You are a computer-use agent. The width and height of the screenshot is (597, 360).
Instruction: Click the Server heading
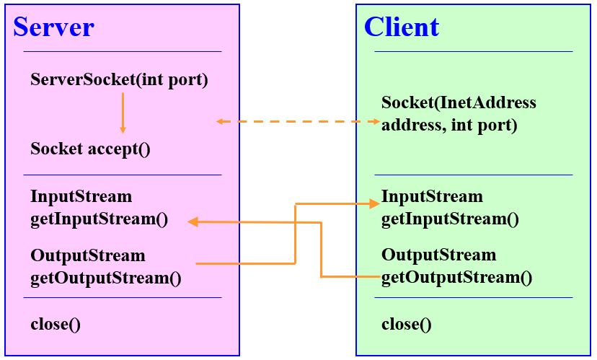[53, 27]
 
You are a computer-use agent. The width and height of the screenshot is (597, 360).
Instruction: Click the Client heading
[402, 27]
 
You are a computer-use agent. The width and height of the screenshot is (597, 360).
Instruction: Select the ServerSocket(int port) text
[119, 79]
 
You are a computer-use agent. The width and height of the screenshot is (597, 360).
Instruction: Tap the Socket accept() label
[90, 149]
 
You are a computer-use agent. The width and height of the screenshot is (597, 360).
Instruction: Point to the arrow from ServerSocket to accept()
[123, 113]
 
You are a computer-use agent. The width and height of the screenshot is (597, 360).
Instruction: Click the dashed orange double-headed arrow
[298, 121]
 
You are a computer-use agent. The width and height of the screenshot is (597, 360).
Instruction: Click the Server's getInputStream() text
[99, 219]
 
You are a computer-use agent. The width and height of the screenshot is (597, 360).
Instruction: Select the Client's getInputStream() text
[450, 219]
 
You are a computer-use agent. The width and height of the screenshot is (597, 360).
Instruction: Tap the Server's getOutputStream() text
[106, 278]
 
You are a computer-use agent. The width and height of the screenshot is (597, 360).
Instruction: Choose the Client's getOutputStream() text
[456, 277]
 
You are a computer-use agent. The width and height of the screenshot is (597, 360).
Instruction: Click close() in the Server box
[56, 324]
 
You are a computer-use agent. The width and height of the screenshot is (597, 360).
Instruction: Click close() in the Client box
[406, 324]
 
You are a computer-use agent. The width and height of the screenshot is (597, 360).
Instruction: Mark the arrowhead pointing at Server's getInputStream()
[193, 221]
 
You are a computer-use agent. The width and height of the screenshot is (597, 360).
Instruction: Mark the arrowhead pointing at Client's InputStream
[375, 204]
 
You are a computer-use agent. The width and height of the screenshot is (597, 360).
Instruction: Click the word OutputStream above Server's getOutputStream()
[88, 255]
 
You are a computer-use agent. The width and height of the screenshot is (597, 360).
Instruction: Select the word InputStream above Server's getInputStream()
[81, 196]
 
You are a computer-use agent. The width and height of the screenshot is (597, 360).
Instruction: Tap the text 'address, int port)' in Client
[449, 126]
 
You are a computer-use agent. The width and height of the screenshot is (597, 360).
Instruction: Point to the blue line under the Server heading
[123, 51]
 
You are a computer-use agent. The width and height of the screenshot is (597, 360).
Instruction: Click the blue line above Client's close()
[474, 297]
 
